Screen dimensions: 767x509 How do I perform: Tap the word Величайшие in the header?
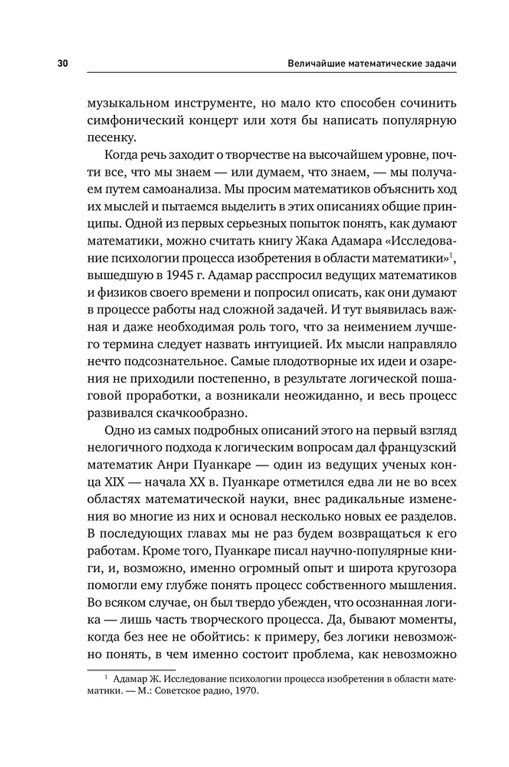[x=309, y=63]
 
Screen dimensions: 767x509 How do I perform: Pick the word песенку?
[x=112, y=140]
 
